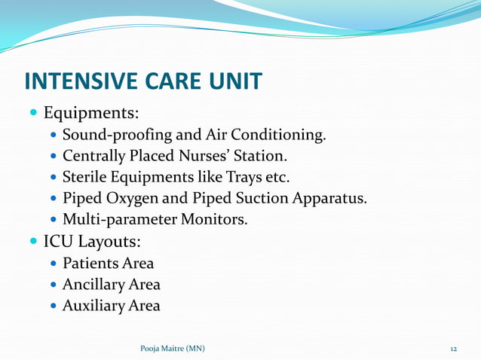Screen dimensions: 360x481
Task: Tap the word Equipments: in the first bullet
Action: tap(91, 114)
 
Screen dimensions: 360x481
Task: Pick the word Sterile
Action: tap(86, 178)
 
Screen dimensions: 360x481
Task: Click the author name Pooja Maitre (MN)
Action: tap(172, 349)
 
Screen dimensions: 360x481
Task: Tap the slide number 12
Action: tap(454, 349)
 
